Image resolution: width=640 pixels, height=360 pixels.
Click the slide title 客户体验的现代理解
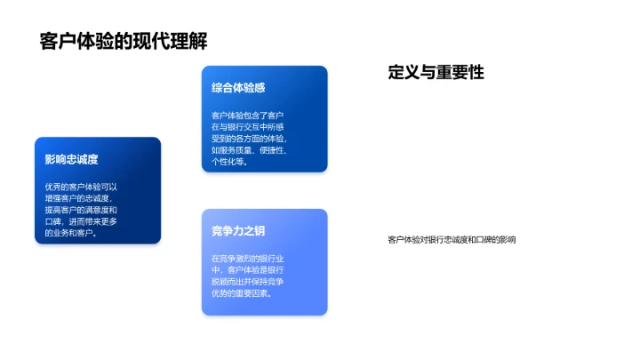point(124,42)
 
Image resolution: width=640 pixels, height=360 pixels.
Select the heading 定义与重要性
point(436,73)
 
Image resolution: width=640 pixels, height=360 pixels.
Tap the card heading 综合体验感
point(238,88)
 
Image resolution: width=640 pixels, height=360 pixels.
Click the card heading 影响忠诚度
point(71,160)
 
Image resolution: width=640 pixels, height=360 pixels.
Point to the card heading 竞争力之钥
point(238,232)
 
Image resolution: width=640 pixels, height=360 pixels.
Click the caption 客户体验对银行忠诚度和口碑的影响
point(452,240)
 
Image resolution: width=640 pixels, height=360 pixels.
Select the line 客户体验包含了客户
point(247,116)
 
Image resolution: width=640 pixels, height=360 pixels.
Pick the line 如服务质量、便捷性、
point(249,150)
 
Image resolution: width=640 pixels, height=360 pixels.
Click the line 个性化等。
point(231,163)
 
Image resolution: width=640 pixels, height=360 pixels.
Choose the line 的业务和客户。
point(71,233)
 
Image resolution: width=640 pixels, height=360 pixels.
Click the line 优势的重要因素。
point(242,293)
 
